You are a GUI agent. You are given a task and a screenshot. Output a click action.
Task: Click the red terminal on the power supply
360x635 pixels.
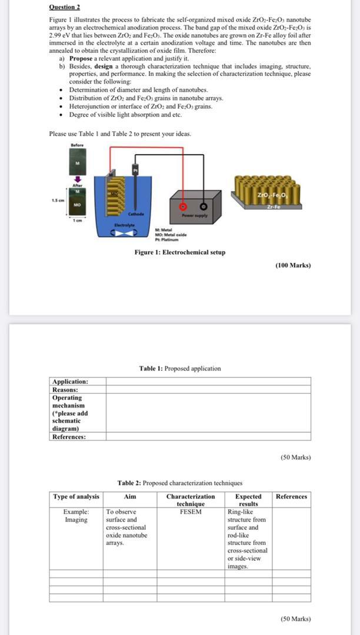pyautogui.click(x=183, y=207)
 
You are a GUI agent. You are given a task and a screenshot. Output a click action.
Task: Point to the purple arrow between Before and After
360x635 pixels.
pyautogui.click(x=76, y=176)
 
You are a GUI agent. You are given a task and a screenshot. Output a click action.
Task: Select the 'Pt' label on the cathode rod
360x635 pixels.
pyautogui.click(x=135, y=170)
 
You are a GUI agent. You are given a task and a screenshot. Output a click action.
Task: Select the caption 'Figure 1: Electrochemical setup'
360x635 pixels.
pyautogui.click(x=179, y=252)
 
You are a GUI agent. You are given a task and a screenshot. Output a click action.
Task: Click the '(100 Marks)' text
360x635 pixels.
pyautogui.click(x=293, y=265)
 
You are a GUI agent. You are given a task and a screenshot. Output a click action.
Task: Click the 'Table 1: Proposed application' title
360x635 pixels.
pyautogui.click(x=180, y=369)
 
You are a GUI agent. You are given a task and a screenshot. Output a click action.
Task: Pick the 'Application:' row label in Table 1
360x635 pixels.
pyautogui.click(x=70, y=382)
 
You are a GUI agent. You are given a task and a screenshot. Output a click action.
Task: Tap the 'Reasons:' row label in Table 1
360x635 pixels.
pyautogui.click(x=65, y=389)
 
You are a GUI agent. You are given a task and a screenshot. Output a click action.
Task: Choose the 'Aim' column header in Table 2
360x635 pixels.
pyautogui.click(x=130, y=497)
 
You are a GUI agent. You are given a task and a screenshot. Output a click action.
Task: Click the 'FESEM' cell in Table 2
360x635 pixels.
pyautogui.click(x=191, y=512)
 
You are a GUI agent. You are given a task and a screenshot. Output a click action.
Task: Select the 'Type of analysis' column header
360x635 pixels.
pyautogui.click(x=76, y=497)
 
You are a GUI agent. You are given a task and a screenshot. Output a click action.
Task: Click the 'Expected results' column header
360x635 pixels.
pyautogui.click(x=248, y=500)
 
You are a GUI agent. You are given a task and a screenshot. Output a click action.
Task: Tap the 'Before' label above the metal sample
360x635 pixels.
pyautogui.click(x=76, y=145)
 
